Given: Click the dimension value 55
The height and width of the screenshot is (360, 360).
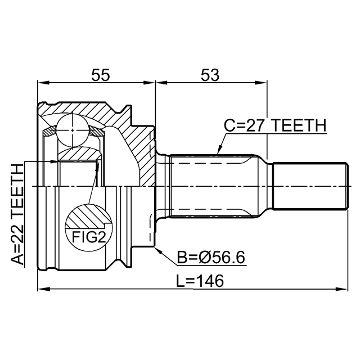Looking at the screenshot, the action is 101,75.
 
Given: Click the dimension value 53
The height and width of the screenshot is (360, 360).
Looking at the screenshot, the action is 210,75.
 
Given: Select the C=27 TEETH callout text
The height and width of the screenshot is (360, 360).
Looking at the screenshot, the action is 275,125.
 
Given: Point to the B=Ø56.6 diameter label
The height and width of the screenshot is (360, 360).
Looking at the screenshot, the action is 211,258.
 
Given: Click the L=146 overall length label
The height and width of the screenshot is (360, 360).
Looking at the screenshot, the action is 200,281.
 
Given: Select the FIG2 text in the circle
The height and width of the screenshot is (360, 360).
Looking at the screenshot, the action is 89,237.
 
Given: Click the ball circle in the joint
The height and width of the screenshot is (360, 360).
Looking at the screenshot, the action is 73,130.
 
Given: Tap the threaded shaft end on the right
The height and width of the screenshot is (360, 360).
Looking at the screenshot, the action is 310,186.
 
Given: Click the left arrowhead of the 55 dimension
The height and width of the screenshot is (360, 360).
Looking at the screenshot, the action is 44,83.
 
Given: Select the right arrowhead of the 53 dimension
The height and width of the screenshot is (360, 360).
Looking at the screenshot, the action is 261,83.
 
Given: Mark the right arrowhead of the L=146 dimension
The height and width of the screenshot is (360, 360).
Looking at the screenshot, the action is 342,289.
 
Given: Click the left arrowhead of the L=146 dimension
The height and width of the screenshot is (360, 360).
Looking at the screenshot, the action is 44,289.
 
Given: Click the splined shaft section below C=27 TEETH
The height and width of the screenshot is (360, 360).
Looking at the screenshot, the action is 213,186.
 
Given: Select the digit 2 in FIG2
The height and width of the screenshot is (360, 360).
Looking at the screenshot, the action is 102,237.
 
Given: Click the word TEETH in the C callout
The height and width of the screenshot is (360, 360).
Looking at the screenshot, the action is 299,125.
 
